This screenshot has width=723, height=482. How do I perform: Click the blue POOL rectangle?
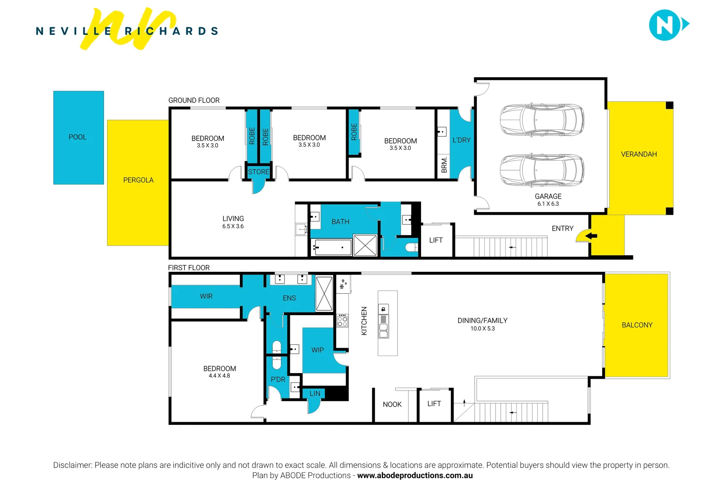[78, 137]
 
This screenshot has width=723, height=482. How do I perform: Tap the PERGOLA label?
[138, 180]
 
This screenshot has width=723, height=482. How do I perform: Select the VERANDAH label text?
[639, 154]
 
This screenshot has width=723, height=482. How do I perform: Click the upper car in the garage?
[541, 120]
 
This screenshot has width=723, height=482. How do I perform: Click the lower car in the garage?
[541, 170]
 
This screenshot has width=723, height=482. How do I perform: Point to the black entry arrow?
[591, 236]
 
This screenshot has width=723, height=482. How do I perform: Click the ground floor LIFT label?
[436, 241]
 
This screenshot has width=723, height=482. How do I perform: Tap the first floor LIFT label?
[434, 404]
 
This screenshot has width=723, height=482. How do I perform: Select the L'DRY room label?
[462, 140]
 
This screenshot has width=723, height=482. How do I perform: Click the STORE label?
[259, 172]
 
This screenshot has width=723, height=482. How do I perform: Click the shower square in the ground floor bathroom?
[365, 245]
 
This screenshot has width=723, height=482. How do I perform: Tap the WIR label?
[206, 296]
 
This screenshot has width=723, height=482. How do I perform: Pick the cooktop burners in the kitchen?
[343, 320]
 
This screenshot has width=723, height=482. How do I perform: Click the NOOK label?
[392, 405]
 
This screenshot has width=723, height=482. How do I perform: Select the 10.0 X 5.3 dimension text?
[483, 329]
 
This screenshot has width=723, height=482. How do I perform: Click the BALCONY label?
[637, 325]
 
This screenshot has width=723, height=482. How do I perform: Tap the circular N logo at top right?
[665, 25]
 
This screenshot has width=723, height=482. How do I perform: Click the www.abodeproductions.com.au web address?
[415, 476]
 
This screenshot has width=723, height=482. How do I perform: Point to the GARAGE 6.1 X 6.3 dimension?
[548, 204]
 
